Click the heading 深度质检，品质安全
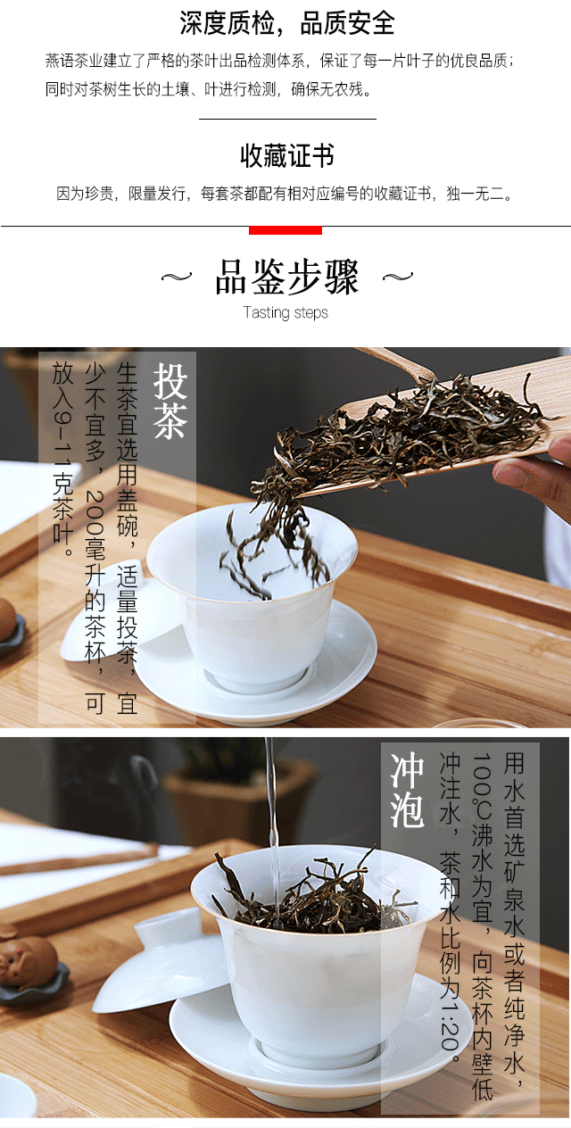[x=286, y=23]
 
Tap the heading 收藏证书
[x=286, y=155]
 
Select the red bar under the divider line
[x=285, y=230]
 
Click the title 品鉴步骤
[x=286, y=277]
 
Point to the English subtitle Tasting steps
[x=285, y=312]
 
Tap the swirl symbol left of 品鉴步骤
[x=177, y=277]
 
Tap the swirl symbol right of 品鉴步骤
[x=398, y=277]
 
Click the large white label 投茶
[x=170, y=401]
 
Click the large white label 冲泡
[x=407, y=790]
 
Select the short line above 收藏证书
[x=287, y=119]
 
